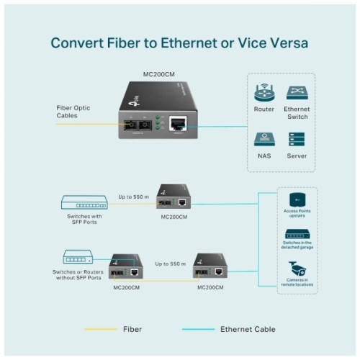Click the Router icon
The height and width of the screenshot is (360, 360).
coord(264,93)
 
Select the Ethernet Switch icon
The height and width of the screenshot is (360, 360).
coord(297,93)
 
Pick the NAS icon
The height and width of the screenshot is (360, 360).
coord(264,138)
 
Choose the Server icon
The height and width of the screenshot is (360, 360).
coord(297,138)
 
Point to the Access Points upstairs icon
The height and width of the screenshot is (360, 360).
coord(296,198)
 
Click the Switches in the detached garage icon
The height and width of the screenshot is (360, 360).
coord(296,234)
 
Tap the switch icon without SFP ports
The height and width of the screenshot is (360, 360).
coord(78,256)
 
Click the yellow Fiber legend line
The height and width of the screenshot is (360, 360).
coord(101,329)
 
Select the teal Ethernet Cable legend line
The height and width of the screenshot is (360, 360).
coord(198,329)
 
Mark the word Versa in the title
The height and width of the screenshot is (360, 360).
coord(287,42)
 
